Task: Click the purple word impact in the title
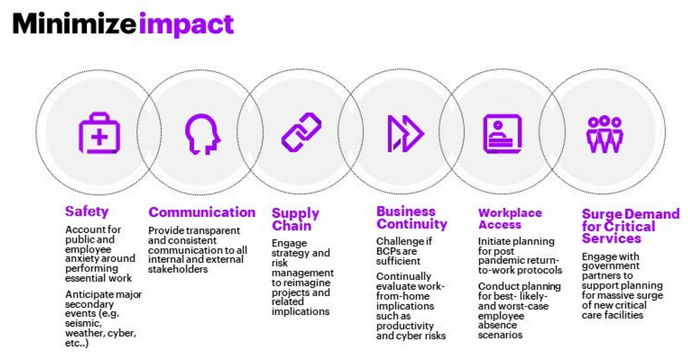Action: (x=186, y=25)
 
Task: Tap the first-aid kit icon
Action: (x=99, y=133)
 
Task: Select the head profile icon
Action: (x=202, y=134)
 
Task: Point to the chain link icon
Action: (x=301, y=133)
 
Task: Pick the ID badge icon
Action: (x=503, y=134)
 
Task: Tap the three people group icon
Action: (x=604, y=134)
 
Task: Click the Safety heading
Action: (x=86, y=211)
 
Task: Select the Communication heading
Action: (x=202, y=212)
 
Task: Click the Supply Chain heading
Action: (x=296, y=219)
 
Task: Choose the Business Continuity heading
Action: (x=411, y=218)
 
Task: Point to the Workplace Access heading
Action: (x=510, y=218)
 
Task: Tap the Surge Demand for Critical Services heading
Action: (x=630, y=226)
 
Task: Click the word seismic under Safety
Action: (x=84, y=324)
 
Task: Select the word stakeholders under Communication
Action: (x=178, y=269)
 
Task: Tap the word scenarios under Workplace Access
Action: (x=500, y=335)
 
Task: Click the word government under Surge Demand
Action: (x=611, y=266)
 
